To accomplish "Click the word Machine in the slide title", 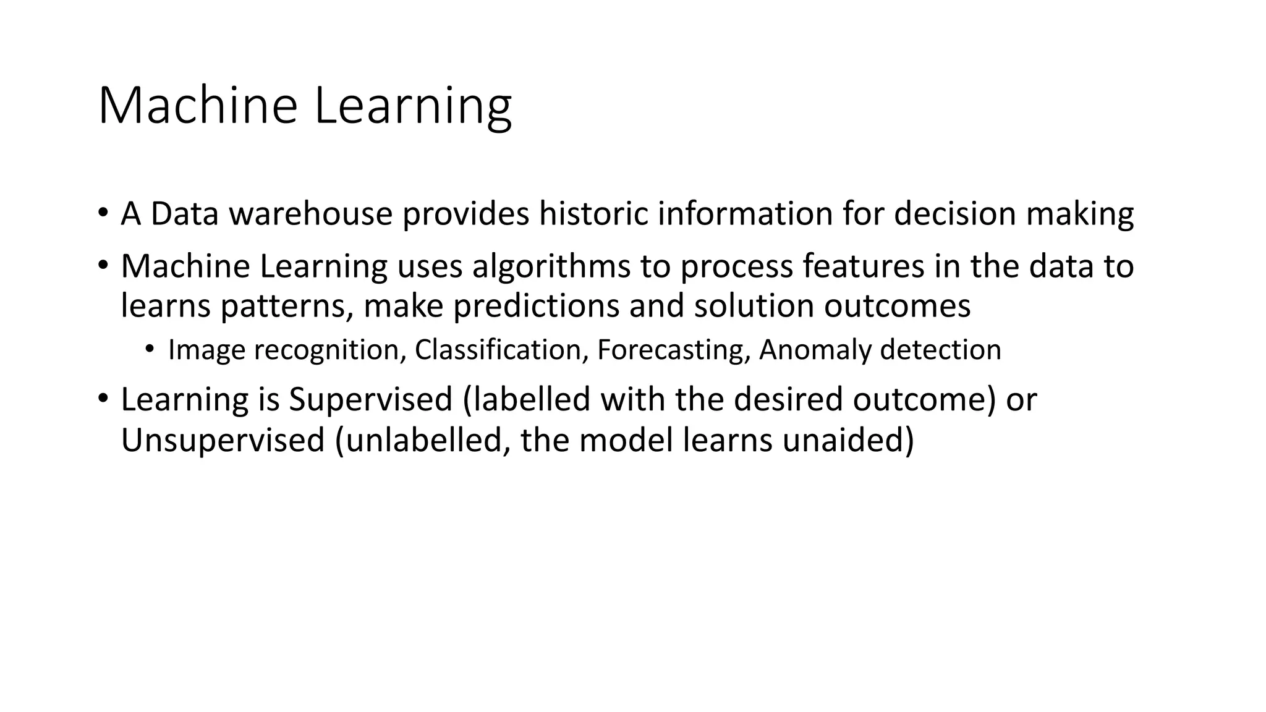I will (198, 106).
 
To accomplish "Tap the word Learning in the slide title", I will (412, 107).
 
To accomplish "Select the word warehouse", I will (310, 214).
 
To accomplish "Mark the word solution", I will (754, 307).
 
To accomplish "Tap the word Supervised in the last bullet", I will (370, 400).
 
